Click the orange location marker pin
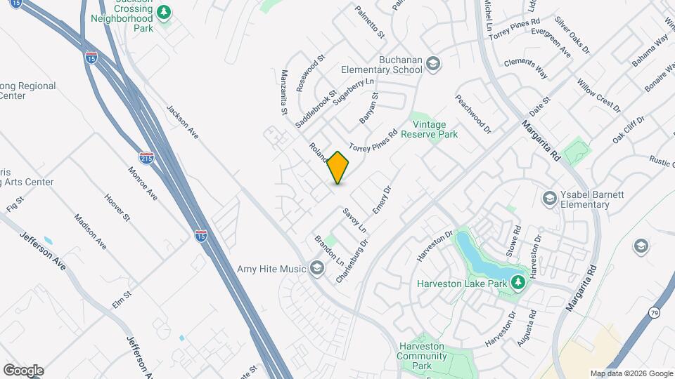338,168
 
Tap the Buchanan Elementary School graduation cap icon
433,65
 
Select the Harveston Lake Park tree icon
518,282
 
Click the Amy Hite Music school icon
317,268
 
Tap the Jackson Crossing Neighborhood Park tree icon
164,12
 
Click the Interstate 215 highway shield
146,159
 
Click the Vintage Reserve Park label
430,128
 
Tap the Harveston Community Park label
423,351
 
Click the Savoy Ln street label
355,220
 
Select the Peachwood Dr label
472,114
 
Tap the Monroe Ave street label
142,182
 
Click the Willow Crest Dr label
598,96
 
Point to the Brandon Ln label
329,250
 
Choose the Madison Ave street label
90,231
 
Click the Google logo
23,371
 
